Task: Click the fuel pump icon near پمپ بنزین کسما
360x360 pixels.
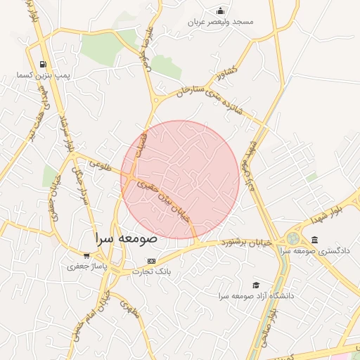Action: [44, 64]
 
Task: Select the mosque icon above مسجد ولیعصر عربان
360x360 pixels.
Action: [221, 11]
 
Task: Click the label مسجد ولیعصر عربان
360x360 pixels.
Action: [221, 22]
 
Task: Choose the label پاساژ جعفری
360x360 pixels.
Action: [86, 266]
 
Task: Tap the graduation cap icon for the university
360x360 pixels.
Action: [256, 285]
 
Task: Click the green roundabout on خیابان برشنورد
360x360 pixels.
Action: [292, 239]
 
